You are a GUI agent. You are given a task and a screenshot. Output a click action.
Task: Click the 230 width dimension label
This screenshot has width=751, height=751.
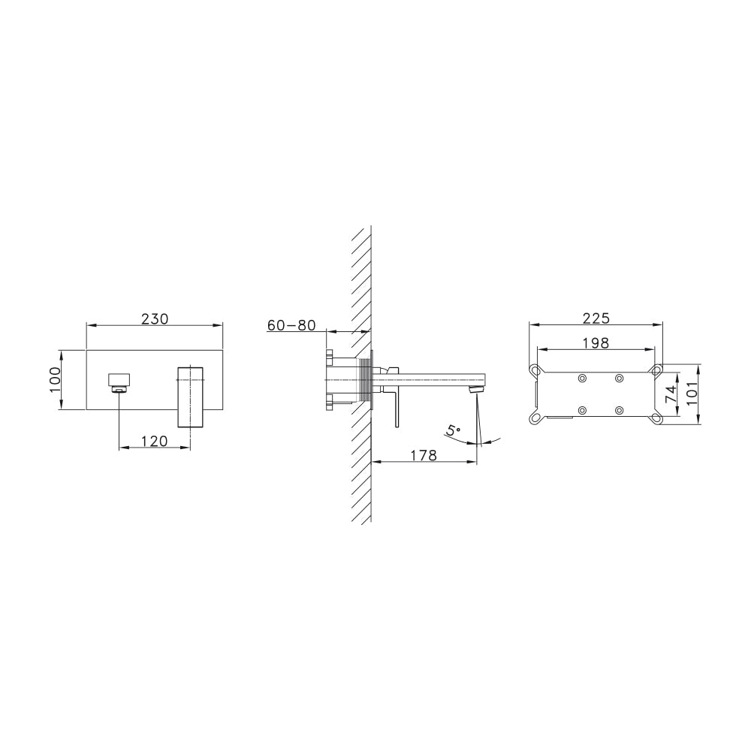(x=155, y=318)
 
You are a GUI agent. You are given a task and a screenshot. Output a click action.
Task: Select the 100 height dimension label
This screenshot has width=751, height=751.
(x=55, y=380)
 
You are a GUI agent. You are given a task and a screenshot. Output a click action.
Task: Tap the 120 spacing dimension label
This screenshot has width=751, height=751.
(x=155, y=441)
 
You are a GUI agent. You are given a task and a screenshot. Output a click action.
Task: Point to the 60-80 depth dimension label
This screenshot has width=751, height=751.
(x=291, y=325)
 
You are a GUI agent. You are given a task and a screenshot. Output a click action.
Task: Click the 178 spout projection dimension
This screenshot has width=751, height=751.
(x=424, y=455)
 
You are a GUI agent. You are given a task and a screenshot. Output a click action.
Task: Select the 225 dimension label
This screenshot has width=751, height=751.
(x=596, y=318)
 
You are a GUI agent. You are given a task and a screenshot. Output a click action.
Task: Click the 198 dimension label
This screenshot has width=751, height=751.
(x=596, y=343)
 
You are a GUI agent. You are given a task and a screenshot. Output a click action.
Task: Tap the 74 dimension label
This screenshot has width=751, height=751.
(x=671, y=394)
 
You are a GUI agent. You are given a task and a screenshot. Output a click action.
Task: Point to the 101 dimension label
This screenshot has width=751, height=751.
(x=692, y=394)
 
